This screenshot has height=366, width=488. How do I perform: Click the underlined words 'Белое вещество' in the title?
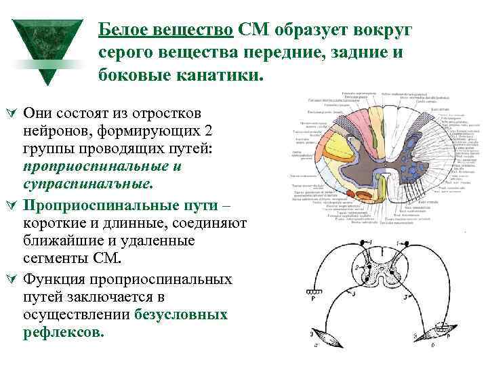tap(166, 30)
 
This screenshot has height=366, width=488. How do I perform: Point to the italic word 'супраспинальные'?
tap(87, 184)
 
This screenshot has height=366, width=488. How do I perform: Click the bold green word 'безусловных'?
tap(181, 315)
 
